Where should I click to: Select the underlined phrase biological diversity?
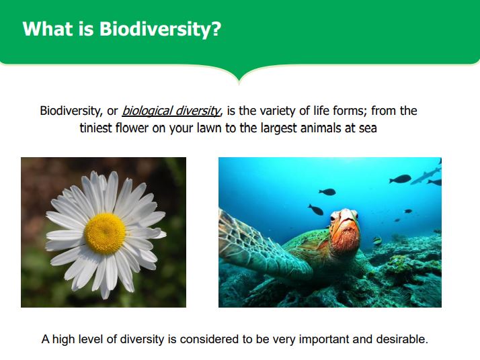coord(171,111)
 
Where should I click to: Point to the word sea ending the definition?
coord(368,128)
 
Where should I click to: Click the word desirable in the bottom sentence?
coord(402,339)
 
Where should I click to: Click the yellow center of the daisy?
coord(105,234)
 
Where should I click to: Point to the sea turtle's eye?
coord(333,218)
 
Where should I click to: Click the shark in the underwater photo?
coord(426,176)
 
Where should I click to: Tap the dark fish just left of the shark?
coord(400,179)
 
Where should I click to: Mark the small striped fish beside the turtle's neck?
coord(377,240)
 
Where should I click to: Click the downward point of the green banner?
coord(239,83)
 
